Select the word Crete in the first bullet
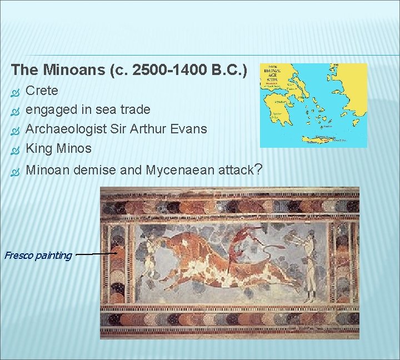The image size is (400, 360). click(42, 90)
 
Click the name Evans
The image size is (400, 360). click(187, 129)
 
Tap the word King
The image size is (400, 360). click(39, 148)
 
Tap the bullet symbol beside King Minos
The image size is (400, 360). click(15, 149)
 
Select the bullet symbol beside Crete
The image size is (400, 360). click(15, 91)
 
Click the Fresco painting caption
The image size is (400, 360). click(38, 256)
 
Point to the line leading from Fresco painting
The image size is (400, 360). click(94, 254)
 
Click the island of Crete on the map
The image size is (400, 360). click(327, 139)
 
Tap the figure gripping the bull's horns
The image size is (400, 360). click(150, 253)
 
